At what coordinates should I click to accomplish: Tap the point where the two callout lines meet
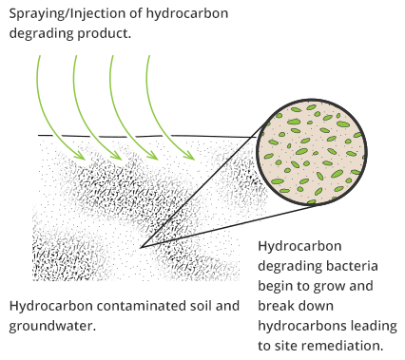(140, 248)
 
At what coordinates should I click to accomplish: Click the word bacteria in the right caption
(351, 265)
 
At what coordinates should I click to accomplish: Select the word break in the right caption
(279, 305)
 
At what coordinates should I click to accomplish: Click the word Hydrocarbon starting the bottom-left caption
(48, 307)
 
